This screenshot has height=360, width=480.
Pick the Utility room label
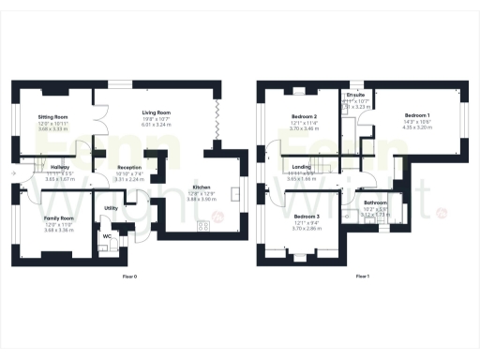coord(111,207)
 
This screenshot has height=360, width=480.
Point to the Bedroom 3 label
coord(307,216)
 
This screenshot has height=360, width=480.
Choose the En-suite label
coord(356,96)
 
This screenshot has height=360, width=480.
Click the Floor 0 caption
coord(130,277)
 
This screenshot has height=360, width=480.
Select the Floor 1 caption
coord(363,277)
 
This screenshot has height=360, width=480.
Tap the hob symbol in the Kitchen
coord(202,225)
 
